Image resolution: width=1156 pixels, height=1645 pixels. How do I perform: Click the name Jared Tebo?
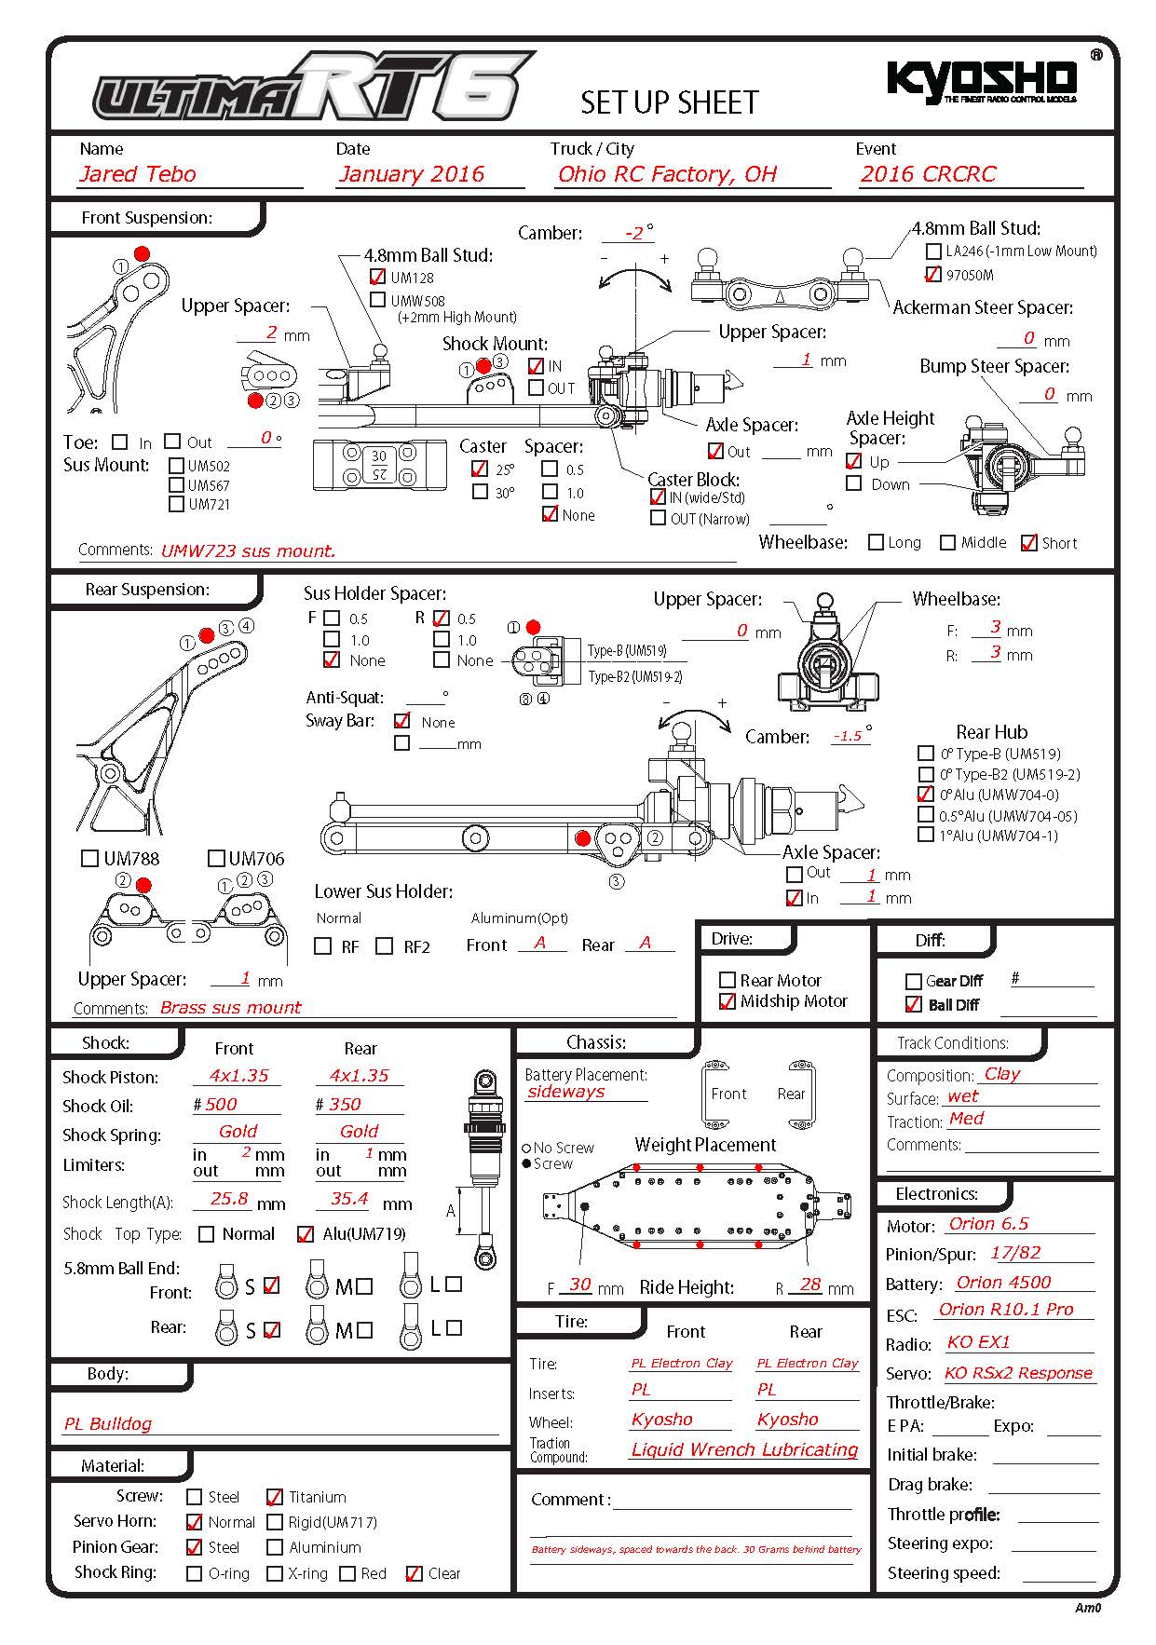138,174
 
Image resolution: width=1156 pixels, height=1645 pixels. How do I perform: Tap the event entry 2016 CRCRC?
928,174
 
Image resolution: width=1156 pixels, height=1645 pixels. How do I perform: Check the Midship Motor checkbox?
728,1001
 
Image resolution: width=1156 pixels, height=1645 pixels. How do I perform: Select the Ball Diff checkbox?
914,1004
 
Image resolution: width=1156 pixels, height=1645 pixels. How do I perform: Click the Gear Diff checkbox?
914,981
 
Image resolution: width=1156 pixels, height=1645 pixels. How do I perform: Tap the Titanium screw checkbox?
275,1497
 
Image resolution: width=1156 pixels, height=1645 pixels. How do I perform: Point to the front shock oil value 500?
221,1104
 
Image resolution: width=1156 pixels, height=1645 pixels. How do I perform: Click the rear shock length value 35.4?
349,1199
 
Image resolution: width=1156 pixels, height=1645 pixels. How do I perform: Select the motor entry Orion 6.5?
988,1224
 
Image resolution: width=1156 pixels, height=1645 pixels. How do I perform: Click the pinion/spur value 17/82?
1015,1253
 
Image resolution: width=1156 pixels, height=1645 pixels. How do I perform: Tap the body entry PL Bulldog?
108,1423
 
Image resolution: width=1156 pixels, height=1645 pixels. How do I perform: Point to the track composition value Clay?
1002,1073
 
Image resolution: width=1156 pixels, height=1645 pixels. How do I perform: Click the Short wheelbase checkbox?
1029,543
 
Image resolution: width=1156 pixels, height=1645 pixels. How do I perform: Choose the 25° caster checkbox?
480,469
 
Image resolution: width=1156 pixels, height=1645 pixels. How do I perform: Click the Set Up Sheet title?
670,102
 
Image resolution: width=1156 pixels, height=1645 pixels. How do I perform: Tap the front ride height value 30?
579,1285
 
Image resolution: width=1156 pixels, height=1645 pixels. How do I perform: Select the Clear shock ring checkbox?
415,1573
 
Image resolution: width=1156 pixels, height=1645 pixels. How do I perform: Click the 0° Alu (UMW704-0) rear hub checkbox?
925,795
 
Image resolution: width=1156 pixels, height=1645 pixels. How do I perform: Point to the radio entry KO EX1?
978,1342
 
